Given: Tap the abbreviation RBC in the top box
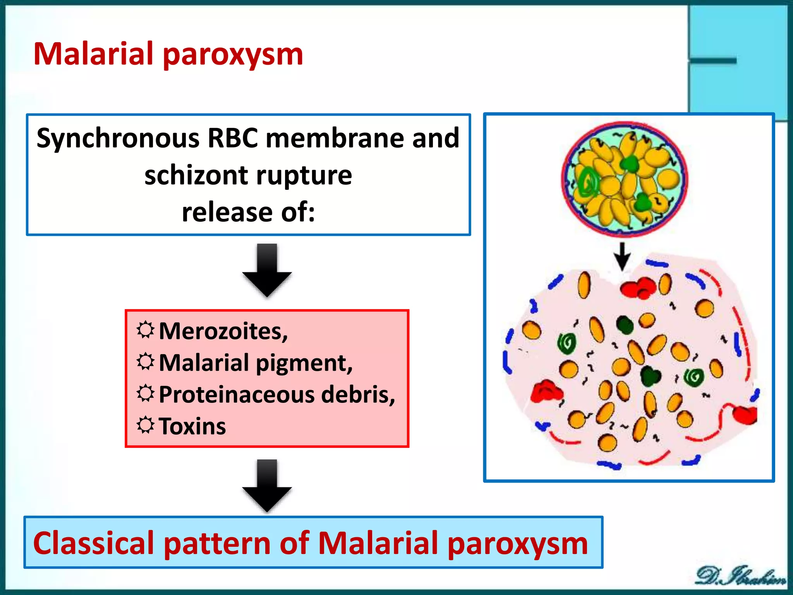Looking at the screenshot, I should coord(232,138).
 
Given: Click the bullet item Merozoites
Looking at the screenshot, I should coord(223,332).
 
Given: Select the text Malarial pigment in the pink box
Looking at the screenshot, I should coord(256,363).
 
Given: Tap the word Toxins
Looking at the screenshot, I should coord(192,426).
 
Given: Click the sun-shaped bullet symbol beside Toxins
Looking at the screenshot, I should coord(146,425).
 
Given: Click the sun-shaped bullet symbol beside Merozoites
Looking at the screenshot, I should coord(146,330).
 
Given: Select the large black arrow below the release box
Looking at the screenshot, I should coord(267,270).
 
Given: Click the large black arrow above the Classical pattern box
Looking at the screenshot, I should coord(267,486).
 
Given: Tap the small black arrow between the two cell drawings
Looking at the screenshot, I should coord(622,256).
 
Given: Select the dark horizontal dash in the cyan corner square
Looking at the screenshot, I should coord(713,61).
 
